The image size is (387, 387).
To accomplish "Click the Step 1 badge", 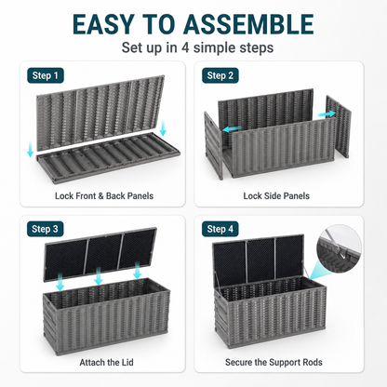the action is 46,75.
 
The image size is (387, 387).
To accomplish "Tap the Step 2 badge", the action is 220,75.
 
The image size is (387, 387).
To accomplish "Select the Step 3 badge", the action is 45,229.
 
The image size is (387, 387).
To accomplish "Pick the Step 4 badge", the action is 220,229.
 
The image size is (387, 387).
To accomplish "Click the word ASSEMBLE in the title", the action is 248,24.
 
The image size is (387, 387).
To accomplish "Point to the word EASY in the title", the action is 102,24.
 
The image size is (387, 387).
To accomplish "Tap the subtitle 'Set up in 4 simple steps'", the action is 197,47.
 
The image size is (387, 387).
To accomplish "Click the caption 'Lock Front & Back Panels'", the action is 104,196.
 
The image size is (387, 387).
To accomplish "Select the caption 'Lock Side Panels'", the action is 276,196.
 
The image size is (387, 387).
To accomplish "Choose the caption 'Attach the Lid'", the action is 106,362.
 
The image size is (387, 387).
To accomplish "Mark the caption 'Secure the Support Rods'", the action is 274,362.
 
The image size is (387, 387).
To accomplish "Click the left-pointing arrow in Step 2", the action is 232,128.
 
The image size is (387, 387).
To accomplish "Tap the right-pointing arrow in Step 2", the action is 327,113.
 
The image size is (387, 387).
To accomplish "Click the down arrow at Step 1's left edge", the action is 30,149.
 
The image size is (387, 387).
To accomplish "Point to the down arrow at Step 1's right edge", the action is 163,127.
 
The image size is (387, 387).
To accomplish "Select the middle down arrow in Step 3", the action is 99,276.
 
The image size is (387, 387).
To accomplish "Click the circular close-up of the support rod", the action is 339,248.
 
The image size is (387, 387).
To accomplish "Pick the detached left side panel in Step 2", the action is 214,146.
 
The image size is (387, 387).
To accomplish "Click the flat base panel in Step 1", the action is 108,158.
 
